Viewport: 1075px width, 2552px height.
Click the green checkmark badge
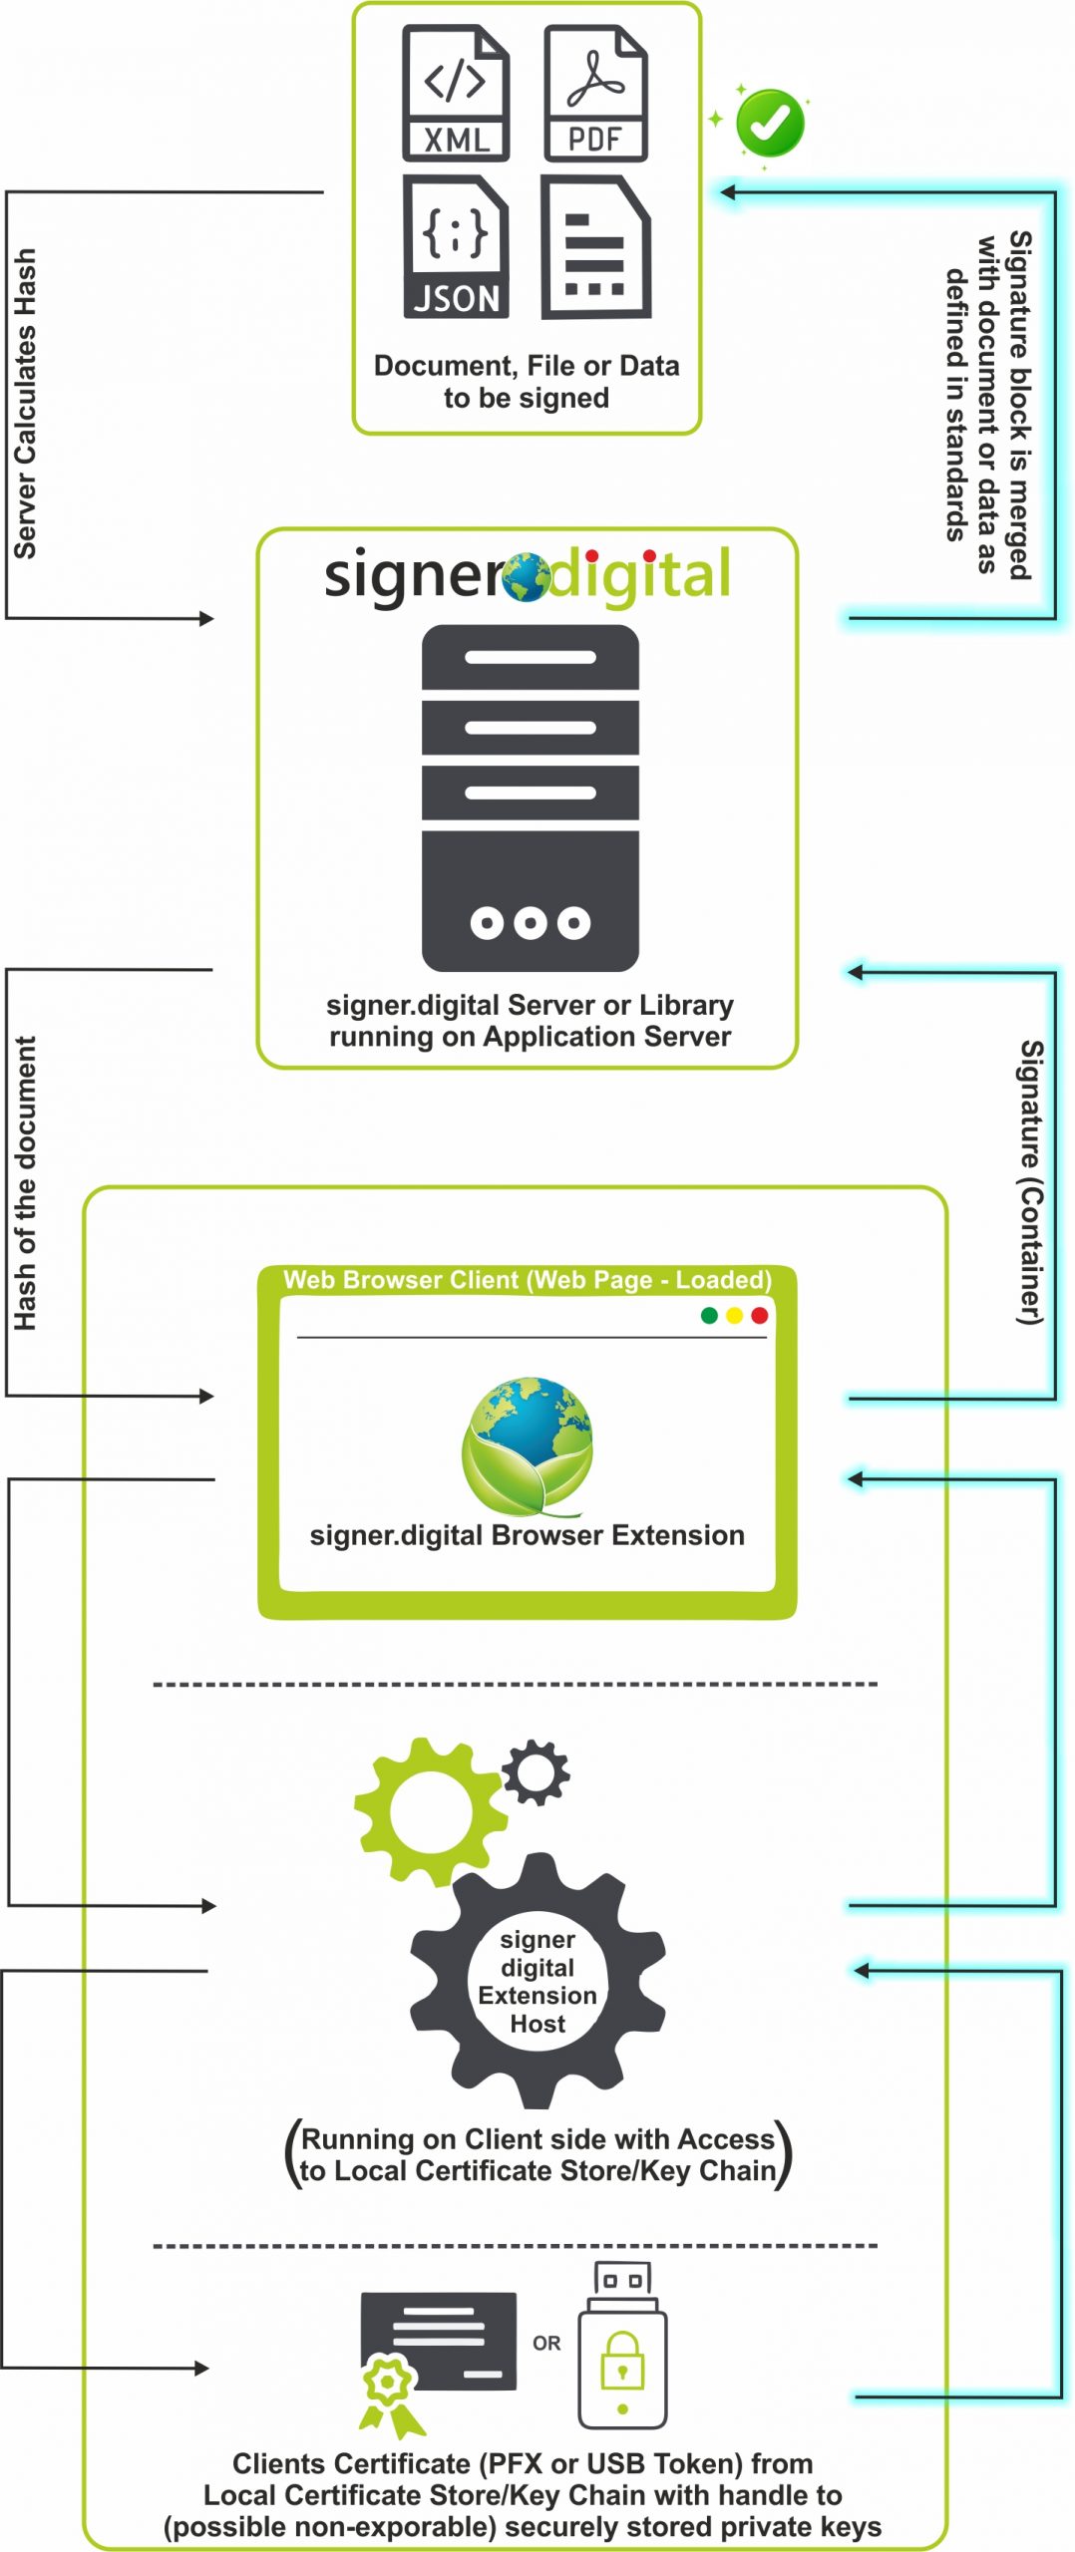[x=770, y=123]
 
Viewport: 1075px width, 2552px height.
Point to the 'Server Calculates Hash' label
[x=25, y=404]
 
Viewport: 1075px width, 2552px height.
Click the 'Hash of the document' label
[x=25, y=1183]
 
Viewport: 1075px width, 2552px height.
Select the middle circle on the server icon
[x=530, y=923]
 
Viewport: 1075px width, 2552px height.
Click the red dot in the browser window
[x=759, y=1316]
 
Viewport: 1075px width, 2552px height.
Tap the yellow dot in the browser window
[x=734, y=1316]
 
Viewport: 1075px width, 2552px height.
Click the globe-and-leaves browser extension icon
[x=529, y=1446]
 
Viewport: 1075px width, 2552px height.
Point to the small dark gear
[x=536, y=1772]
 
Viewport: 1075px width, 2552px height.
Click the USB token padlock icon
[x=622, y=2359]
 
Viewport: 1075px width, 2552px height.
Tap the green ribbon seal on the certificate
[x=388, y=2391]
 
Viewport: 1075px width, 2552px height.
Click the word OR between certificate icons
[x=546, y=2343]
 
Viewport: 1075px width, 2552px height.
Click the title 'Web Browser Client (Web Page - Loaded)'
[x=528, y=1280]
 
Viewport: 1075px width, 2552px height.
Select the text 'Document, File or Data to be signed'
[x=527, y=382]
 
